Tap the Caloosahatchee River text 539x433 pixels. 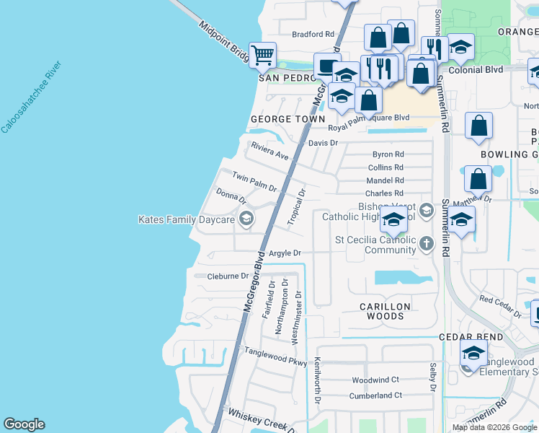coord(32,97)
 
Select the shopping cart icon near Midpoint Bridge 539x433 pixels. coord(262,54)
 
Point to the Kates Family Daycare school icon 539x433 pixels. coord(246,219)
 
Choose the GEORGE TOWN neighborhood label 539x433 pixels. coord(282,119)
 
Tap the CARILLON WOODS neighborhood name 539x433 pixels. coord(386,311)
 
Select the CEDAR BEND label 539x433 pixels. coord(469,337)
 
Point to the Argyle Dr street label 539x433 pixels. coord(284,253)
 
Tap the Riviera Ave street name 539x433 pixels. coord(269,152)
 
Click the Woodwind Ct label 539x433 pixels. coord(375,380)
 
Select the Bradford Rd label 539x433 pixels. coord(313,34)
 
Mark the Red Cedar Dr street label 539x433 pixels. coord(500,306)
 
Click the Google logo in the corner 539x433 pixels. coord(24,424)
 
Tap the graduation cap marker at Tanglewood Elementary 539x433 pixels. coord(473,354)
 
